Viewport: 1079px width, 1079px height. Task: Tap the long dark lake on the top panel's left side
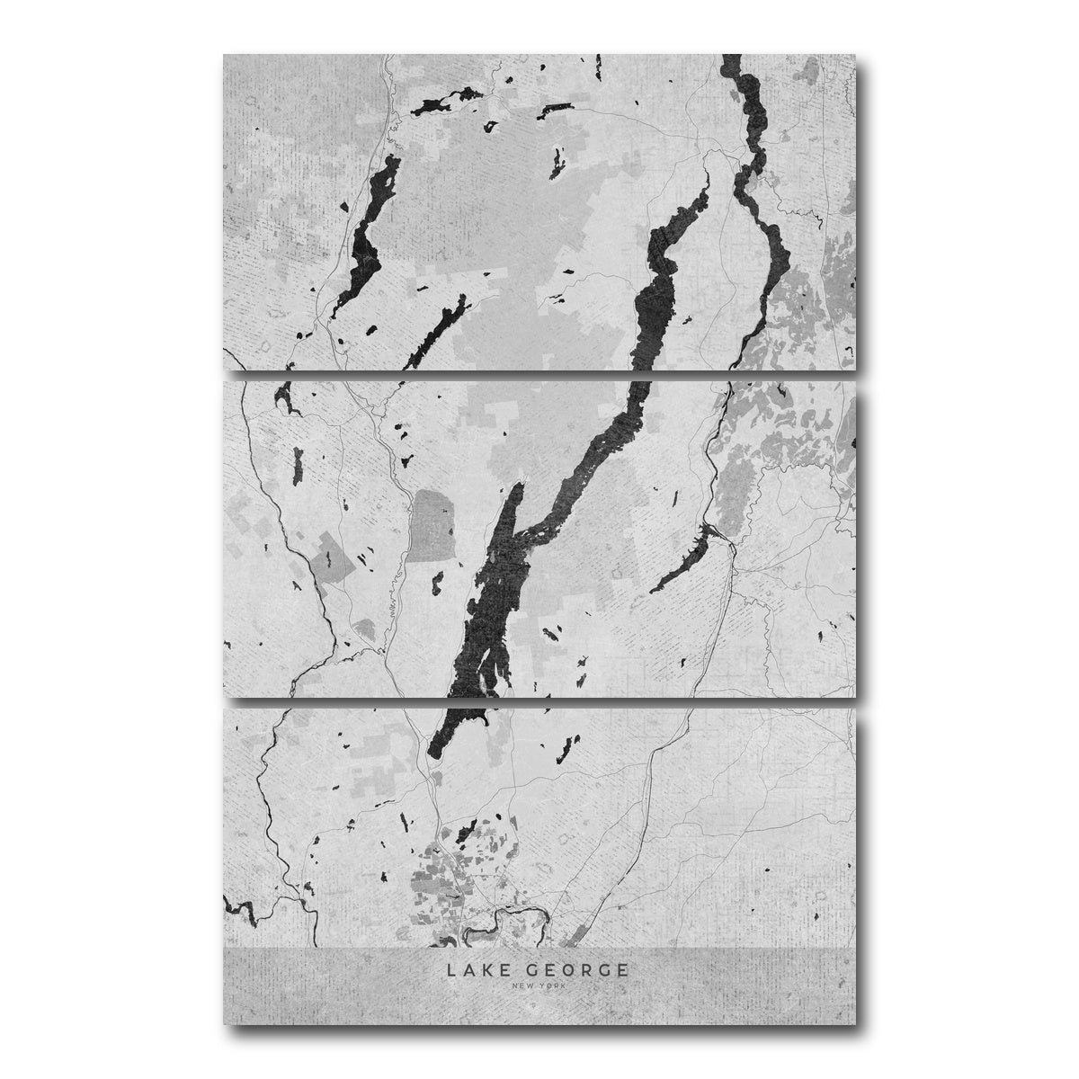[364, 229]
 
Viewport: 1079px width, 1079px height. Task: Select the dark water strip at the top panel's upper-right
[746, 99]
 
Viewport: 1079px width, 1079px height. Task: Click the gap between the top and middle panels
[539, 374]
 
